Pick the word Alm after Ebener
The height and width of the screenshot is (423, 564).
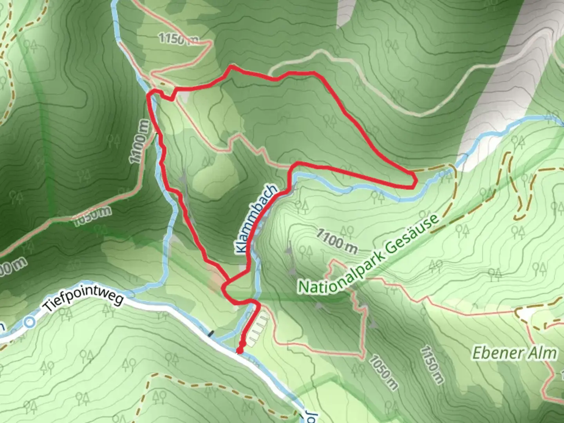[x=543, y=353]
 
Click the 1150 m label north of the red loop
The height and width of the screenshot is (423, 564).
[x=178, y=38]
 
